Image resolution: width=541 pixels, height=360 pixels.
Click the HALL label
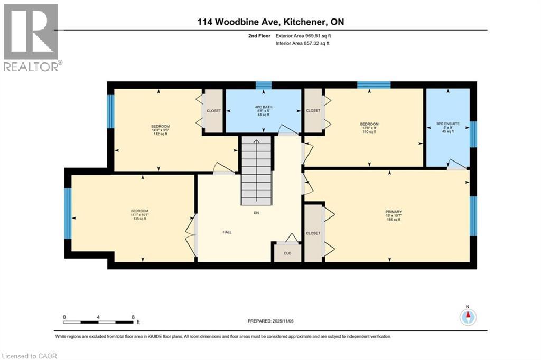click(x=227, y=232)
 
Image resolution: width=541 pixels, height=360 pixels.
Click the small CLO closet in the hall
click(x=287, y=252)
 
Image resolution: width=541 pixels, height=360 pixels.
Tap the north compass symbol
click(x=468, y=317)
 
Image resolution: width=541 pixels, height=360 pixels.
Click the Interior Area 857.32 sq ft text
click(x=302, y=44)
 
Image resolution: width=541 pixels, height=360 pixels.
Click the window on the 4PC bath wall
click(x=263, y=85)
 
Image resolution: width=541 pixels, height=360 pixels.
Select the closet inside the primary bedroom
click(x=313, y=233)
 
